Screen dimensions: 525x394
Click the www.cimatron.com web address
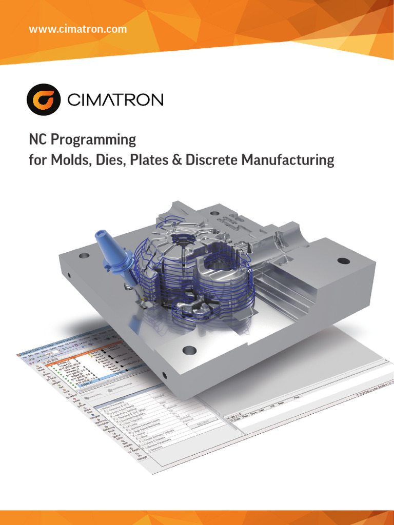click(78, 29)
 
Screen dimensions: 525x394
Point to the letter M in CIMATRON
click(93, 99)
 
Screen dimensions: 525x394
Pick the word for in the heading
click(38, 160)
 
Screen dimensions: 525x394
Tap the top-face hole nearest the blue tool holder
click(84, 255)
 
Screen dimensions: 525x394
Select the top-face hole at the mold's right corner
click(344, 261)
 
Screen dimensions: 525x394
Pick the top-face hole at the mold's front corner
click(189, 351)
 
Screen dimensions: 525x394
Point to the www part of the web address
click(40, 29)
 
